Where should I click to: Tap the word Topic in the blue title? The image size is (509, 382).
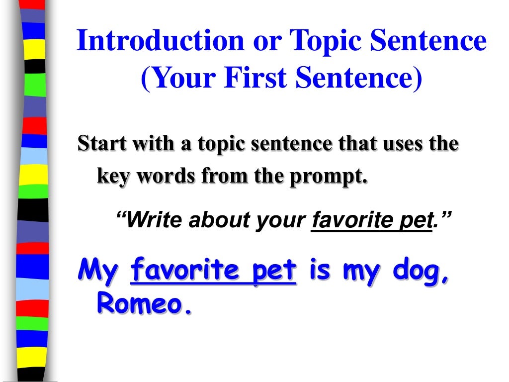click(322, 42)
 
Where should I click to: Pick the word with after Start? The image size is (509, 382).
click(147, 144)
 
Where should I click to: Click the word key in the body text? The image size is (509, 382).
click(113, 177)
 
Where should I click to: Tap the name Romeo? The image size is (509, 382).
click(143, 303)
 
